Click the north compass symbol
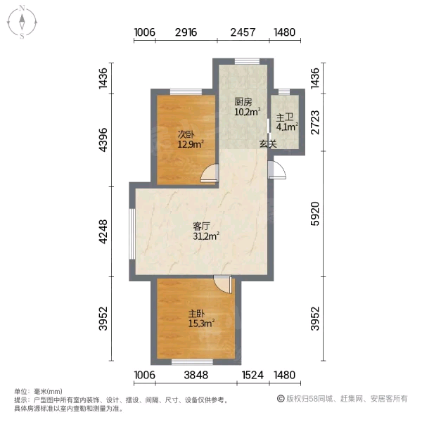(22, 22)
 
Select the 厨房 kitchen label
(243, 102)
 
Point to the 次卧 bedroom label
(186, 134)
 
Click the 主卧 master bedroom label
(197, 314)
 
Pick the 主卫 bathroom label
(285, 117)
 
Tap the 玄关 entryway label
(268, 144)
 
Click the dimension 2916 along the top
(186, 32)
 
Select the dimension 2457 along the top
(243, 32)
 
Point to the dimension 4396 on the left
(103, 140)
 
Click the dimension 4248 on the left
(103, 232)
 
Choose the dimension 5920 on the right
(315, 214)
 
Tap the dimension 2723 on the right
(315, 122)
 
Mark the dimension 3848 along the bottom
(196, 375)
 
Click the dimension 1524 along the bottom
(252, 375)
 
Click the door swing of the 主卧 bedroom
(223, 284)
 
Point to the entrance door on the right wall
(277, 170)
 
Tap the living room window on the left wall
(132, 234)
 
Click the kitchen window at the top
(248, 61)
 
